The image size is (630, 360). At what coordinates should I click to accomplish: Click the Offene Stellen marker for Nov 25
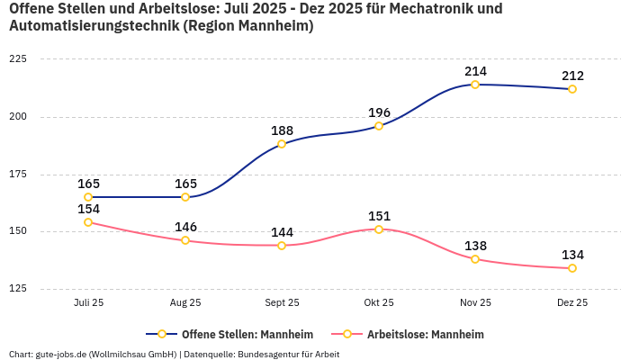(x=475, y=85)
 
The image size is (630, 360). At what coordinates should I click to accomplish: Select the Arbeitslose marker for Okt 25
(x=379, y=229)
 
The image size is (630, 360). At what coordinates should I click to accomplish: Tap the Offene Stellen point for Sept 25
(x=282, y=144)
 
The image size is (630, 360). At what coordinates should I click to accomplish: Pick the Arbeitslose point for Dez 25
(x=572, y=268)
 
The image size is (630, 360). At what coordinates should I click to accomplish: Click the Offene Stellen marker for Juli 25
(x=88, y=197)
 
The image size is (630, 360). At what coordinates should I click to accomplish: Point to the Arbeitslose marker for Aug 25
(x=185, y=240)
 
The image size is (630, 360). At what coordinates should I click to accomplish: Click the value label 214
(x=475, y=71)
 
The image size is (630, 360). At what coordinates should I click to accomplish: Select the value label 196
(x=379, y=112)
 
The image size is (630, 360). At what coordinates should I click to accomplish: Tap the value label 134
(x=572, y=255)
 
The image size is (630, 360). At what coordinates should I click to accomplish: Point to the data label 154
(x=88, y=209)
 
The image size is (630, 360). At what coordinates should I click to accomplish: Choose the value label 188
(x=282, y=130)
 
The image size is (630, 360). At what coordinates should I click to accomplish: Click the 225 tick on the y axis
(x=18, y=58)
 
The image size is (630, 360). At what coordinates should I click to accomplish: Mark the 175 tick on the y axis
(x=18, y=174)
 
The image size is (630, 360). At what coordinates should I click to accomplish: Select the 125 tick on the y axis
(x=18, y=289)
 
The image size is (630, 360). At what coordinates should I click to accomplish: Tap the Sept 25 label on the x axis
(x=282, y=303)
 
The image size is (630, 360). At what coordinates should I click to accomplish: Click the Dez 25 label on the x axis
(x=572, y=303)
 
